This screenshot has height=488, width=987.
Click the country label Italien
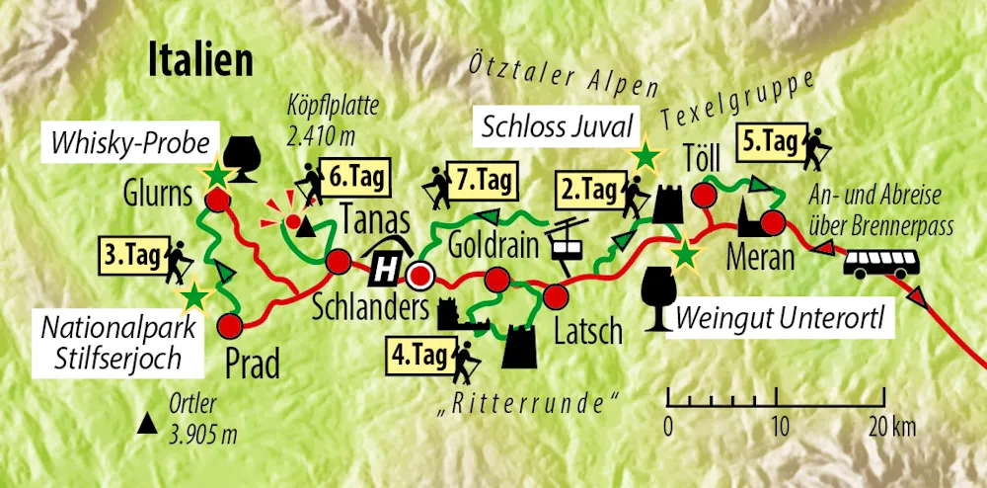(200, 60)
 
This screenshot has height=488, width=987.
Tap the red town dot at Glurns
(219, 202)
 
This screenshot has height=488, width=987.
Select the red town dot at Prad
(232, 324)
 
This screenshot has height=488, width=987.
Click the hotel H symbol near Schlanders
(387, 263)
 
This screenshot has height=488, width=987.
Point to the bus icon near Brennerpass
(882, 262)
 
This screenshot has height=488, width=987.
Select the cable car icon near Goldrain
(567, 240)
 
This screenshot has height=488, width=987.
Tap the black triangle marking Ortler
(148, 426)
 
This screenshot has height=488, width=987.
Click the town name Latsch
(588, 329)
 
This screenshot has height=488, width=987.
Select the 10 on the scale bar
(780, 428)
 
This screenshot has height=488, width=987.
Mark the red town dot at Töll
(703, 195)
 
